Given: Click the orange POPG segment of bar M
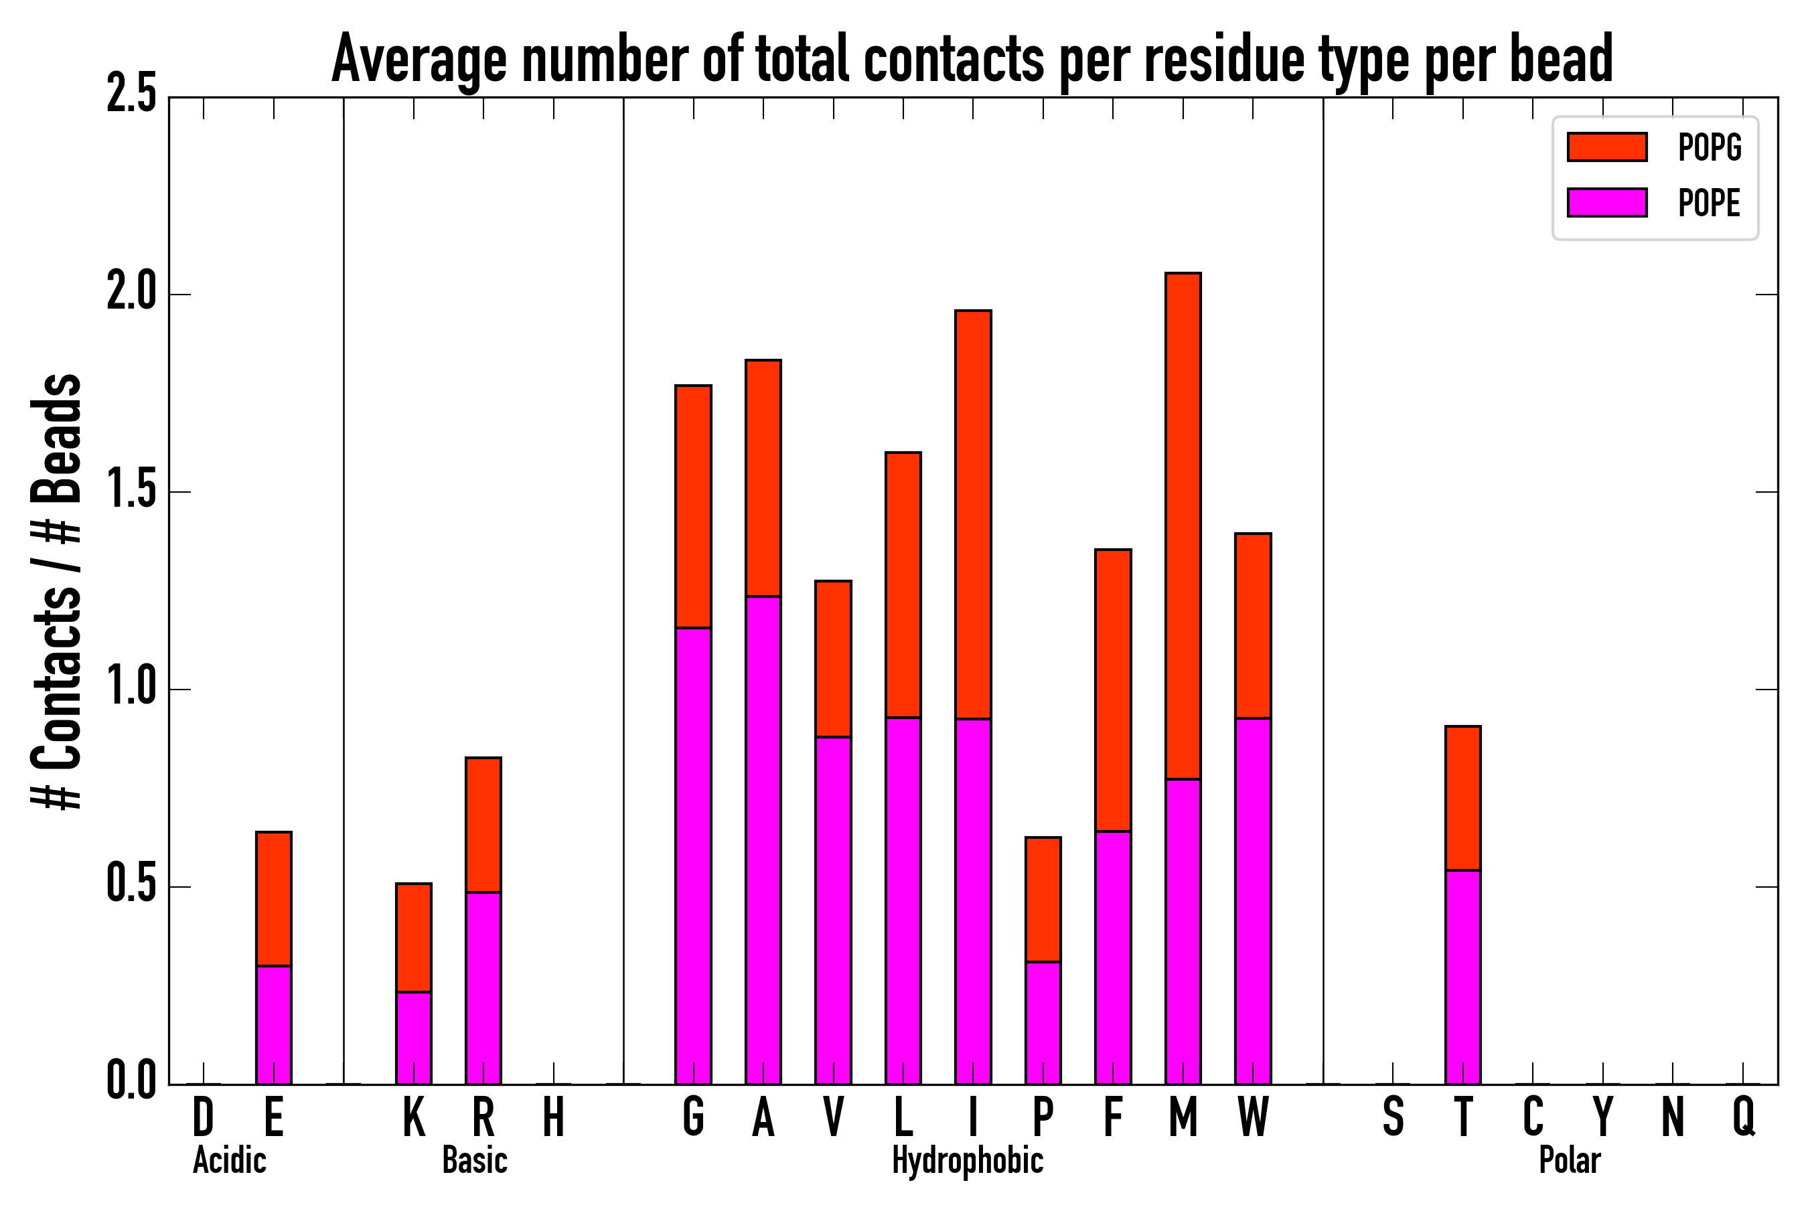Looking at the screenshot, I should [1183, 526].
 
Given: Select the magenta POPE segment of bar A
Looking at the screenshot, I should [763, 841].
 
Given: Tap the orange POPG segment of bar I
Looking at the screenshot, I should [973, 515].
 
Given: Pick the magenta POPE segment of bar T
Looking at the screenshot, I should [1463, 977].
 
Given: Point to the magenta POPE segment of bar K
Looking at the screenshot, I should [414, 1038].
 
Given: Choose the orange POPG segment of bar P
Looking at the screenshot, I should [1043, 900].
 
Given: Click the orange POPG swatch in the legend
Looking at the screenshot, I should [1607, 147].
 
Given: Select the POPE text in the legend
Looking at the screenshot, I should [1710, 203].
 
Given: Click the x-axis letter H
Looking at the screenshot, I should [554, 1117].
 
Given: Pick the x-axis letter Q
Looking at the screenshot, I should [1744, 1117].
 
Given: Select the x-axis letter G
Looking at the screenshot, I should [693, 1117].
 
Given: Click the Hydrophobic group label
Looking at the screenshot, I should [968, 1160].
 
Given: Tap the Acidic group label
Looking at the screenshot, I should [229, 1160].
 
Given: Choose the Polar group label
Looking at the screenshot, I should [1570, 1160].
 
